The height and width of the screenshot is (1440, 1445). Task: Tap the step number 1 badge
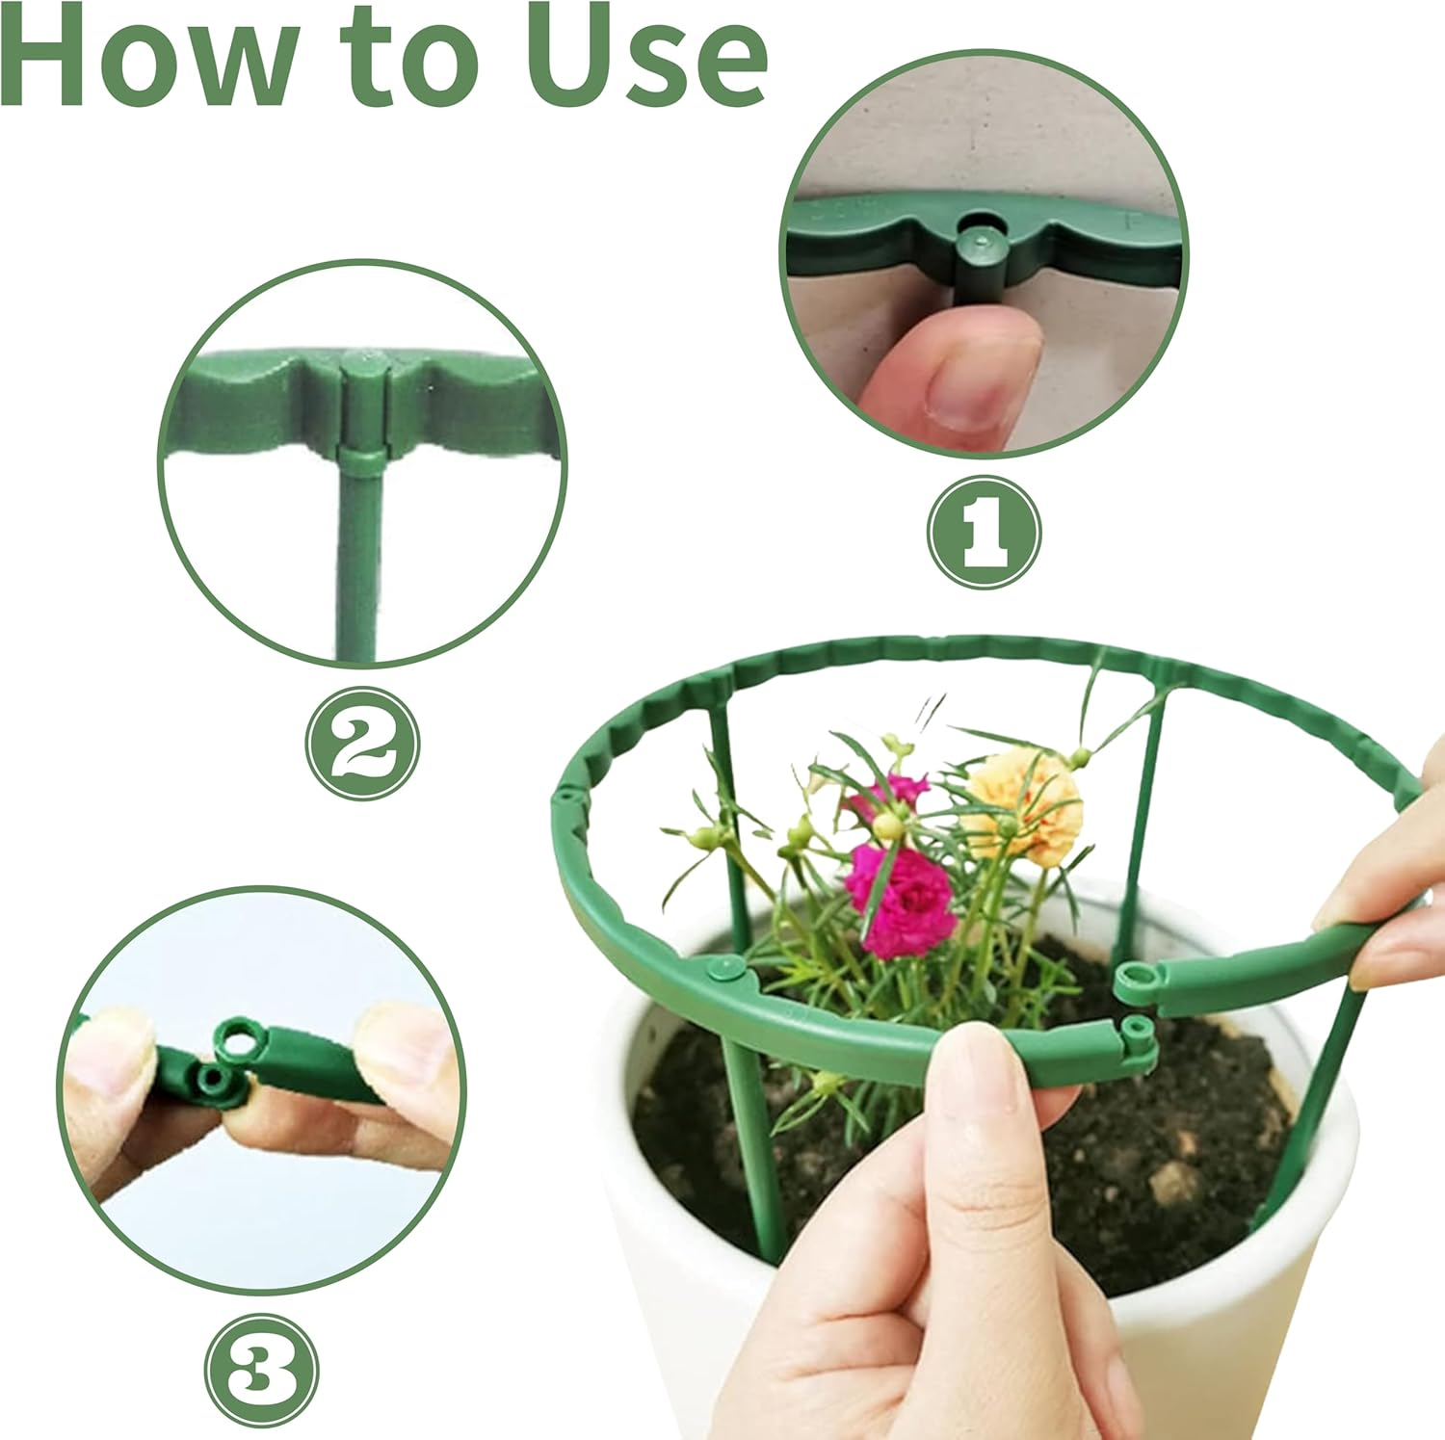[x=984, y=532]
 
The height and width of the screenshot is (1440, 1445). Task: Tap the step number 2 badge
[x=362, y=743]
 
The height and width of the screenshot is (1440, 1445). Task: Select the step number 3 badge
[x=261, y=1371]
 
